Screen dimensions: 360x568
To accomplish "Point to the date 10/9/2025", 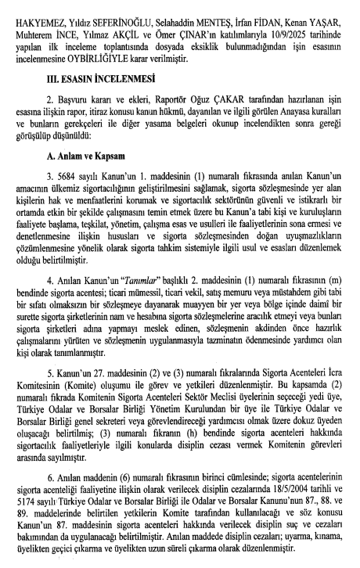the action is (x=294, y=27).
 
